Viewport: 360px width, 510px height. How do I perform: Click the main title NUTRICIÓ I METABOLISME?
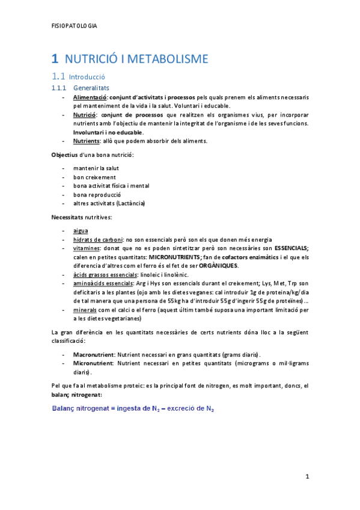(136, 59)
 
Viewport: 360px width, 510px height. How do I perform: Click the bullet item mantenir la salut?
(96, 168)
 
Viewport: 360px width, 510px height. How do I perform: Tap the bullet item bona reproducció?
(97, 195)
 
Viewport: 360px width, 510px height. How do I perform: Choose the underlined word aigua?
(81, 230)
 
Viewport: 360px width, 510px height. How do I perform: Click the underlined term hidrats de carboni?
(98, 239)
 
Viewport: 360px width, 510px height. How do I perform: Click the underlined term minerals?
(87, 310)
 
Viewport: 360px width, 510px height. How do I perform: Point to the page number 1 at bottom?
(307, 477)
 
